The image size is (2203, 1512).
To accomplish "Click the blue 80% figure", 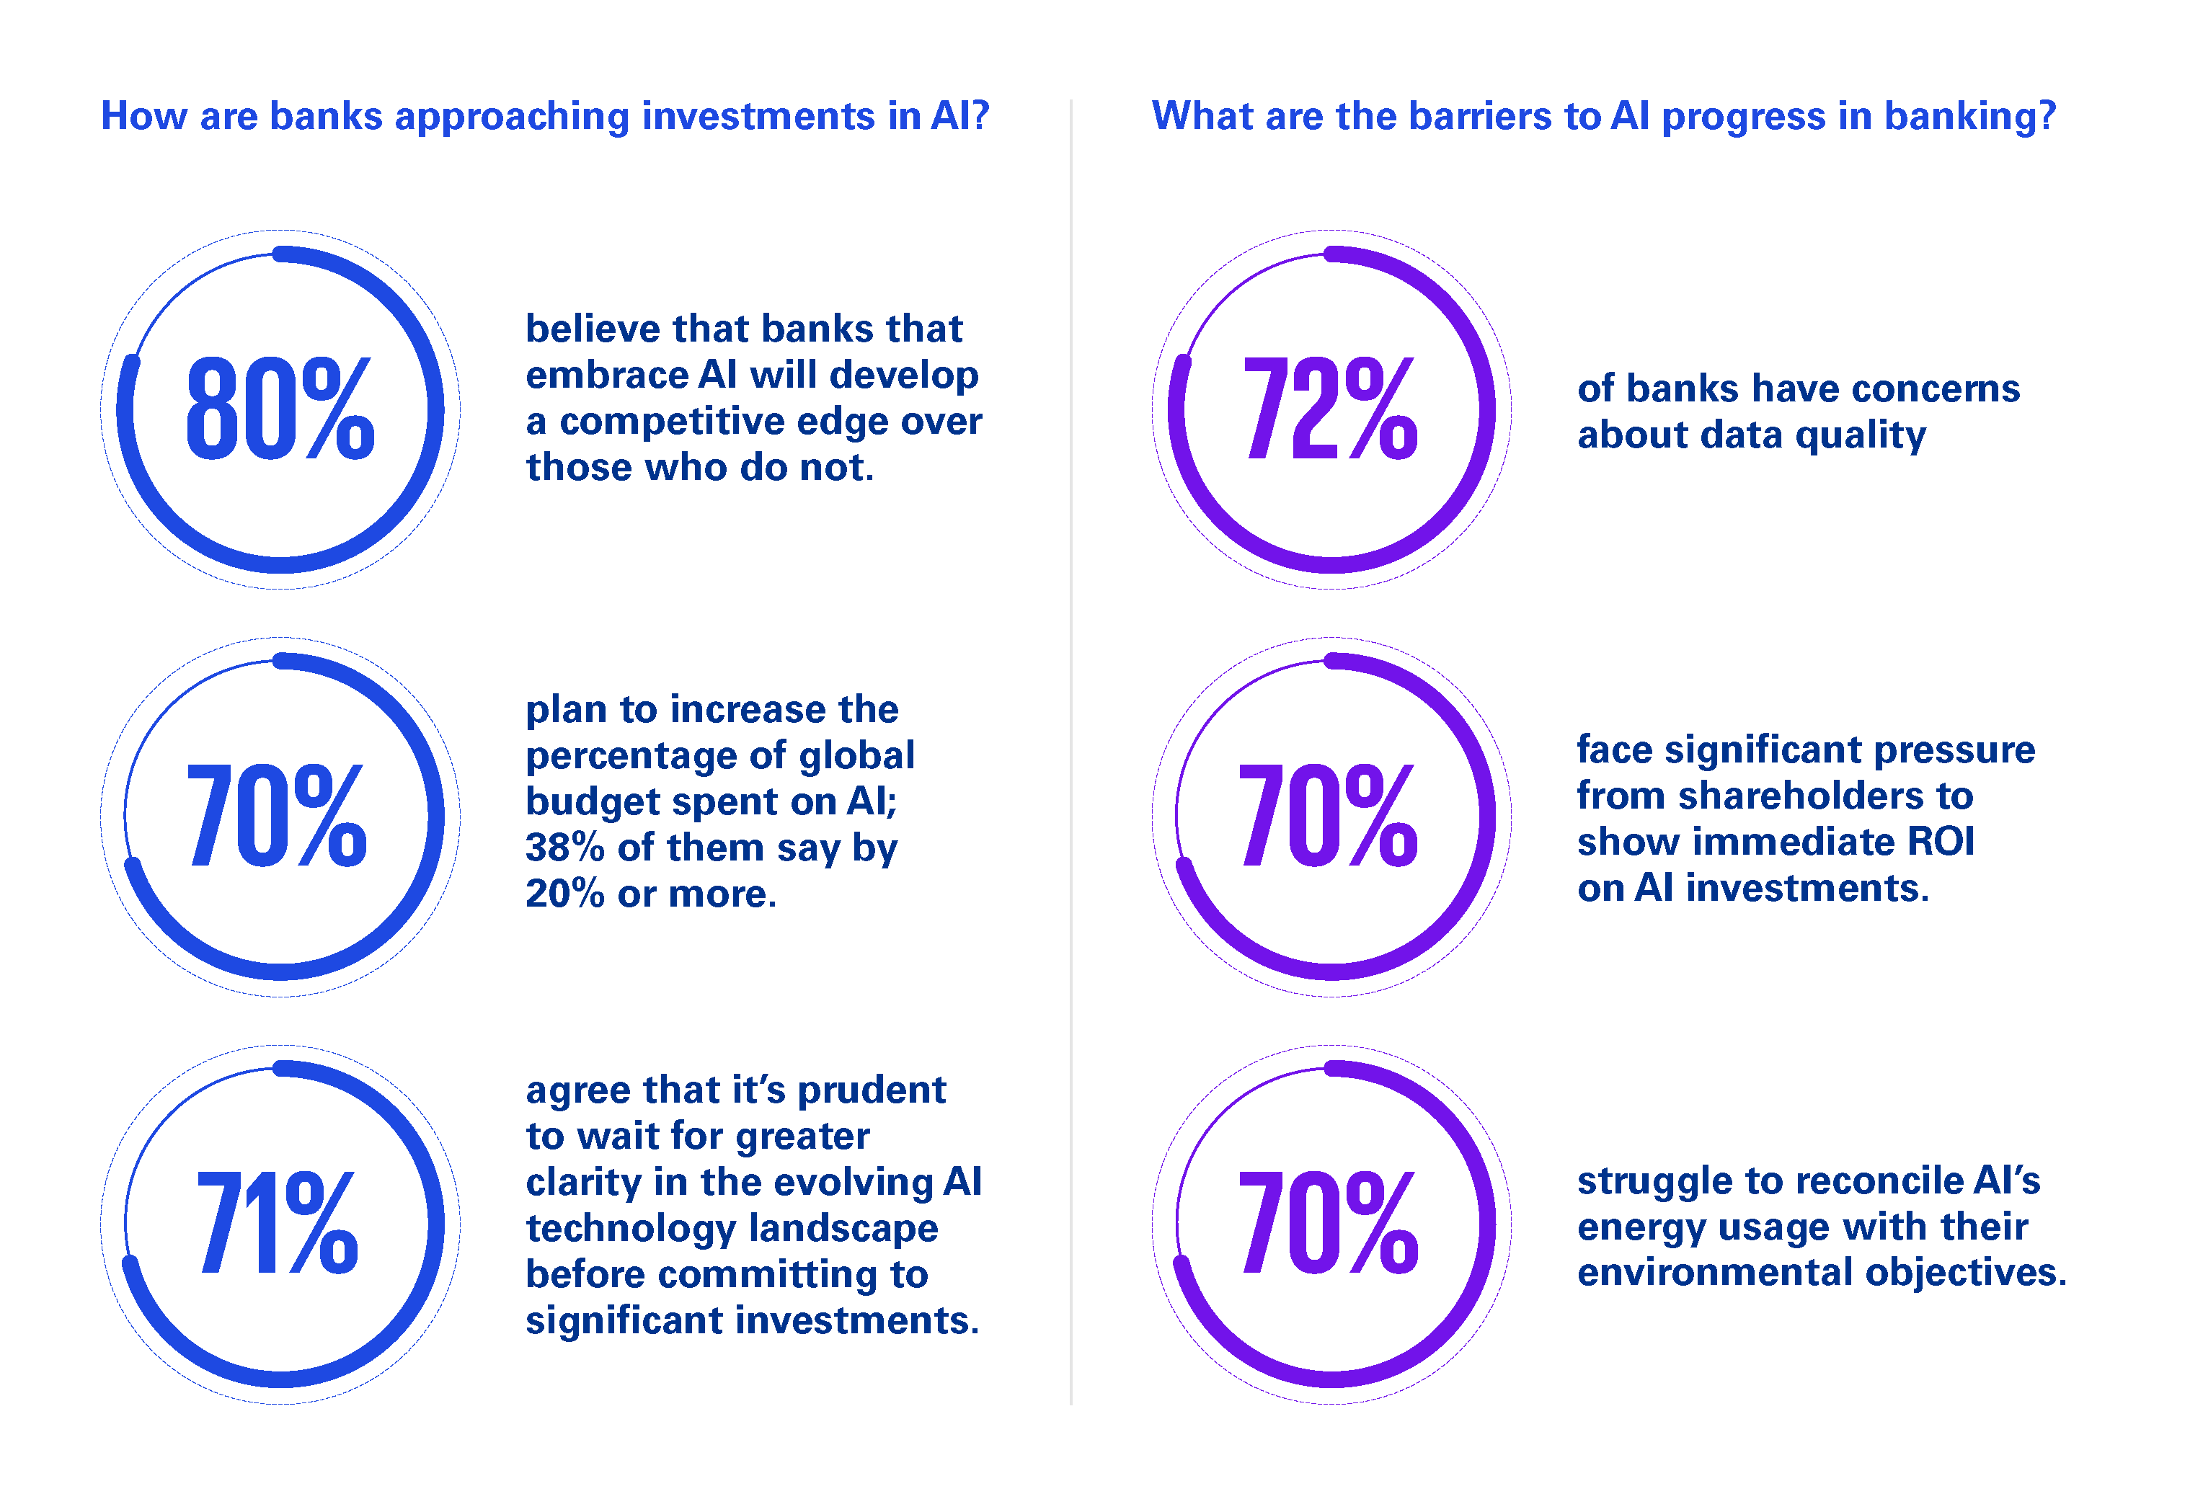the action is click(280, 409).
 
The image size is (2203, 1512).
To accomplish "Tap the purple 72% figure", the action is click(1331, 409).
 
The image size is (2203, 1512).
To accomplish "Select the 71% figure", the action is click(278, 1223).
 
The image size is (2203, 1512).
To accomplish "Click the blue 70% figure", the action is click(277, 817).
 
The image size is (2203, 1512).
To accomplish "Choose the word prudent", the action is click(872, 1091).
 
